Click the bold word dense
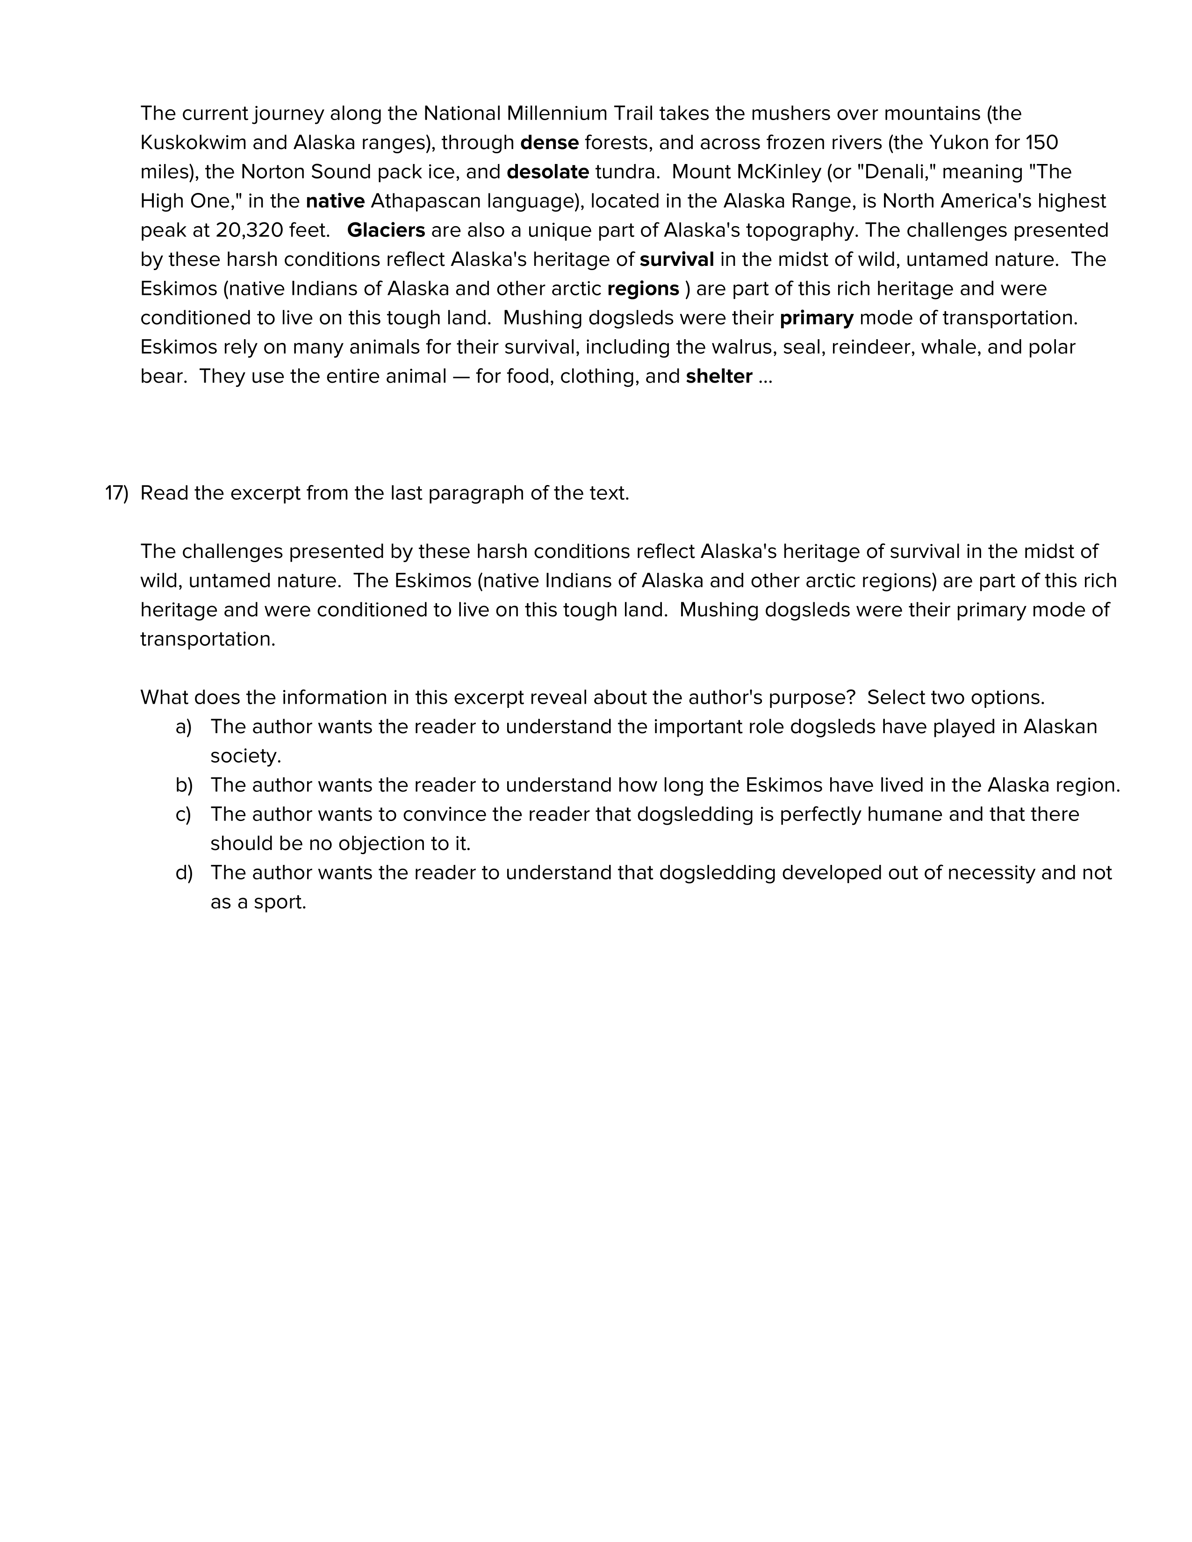pos(549,143)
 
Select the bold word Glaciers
pos(386,230)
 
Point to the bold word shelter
pos(719,376)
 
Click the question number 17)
pos(116,493)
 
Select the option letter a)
pos(184,727)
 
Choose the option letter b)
pos(184,785)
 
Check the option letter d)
pos(184,873)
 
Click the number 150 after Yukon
pos(1041,143)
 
